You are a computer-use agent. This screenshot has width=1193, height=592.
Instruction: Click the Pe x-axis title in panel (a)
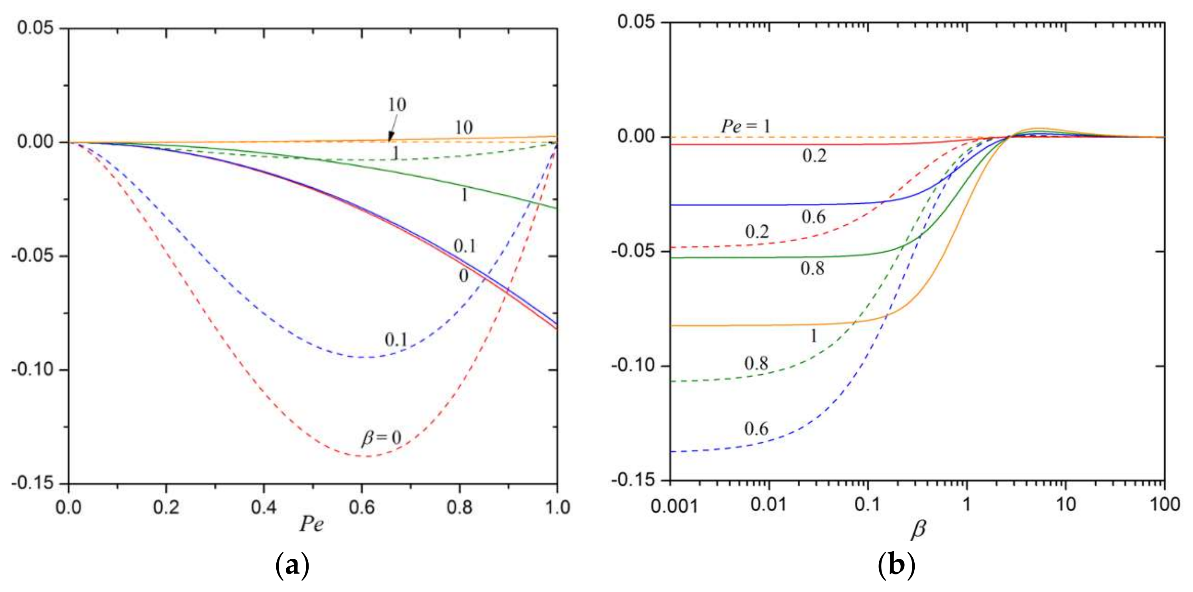(311, 524)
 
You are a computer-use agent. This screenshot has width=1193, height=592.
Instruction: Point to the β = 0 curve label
(380, 438)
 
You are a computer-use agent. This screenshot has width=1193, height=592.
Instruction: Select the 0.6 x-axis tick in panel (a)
(361, 507)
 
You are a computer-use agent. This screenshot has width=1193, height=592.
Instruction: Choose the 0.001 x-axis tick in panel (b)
(674, 505)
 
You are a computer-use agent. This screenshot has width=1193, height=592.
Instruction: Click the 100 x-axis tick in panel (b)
(1165, 504)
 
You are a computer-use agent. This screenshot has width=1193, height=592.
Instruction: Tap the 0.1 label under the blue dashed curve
(396, 340)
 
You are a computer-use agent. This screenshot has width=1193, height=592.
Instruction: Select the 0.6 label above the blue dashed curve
(756, 429)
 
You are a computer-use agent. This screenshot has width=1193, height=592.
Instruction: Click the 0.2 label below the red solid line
(814, 156)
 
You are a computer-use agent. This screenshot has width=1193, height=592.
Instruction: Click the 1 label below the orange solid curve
(814, 336)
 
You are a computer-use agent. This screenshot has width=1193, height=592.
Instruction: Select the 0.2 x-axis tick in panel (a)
(166, 507)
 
